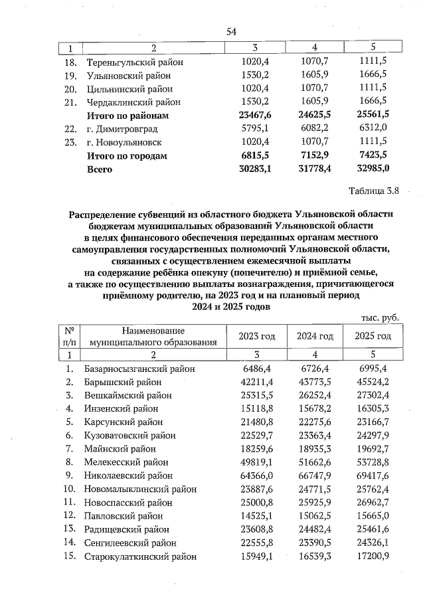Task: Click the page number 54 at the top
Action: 232,32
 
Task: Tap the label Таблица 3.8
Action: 373,192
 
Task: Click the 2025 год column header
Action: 373,336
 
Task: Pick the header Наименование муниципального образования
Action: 153,337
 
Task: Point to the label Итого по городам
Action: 127,156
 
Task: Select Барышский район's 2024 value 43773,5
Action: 314,382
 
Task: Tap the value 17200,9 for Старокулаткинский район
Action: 373,555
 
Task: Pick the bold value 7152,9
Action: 314,156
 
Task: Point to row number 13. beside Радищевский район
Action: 68,529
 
